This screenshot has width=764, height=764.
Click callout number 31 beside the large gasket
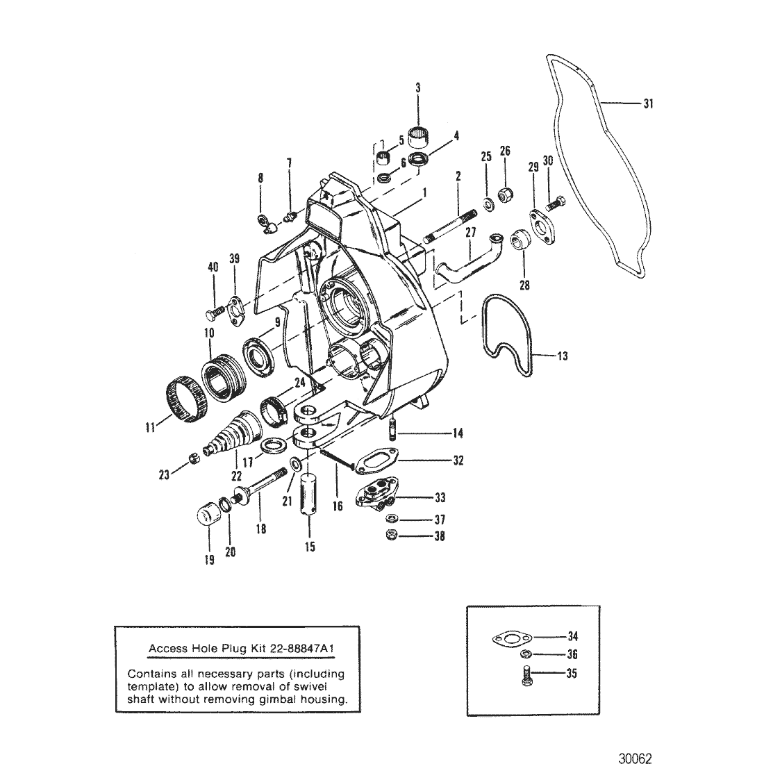coord(647,103)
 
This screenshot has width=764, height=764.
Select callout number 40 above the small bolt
coord(213,267)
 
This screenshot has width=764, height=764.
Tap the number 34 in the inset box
coord(572,636)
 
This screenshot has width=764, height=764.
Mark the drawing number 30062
coord(635,758)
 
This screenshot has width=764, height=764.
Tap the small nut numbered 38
coord(391,535)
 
